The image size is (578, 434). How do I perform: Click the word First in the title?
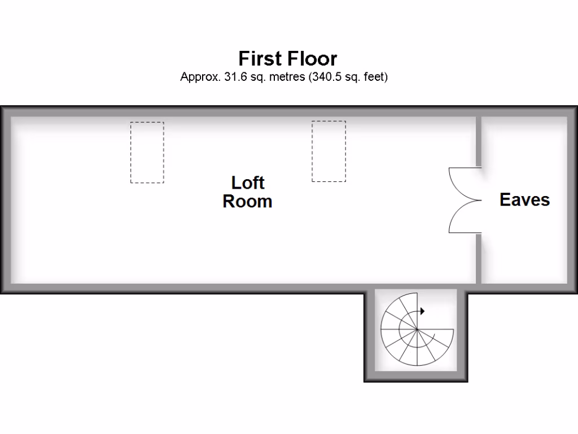pos(261,58)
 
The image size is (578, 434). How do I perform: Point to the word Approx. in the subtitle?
pos(200,77)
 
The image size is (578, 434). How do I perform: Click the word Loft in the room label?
pos(248,183)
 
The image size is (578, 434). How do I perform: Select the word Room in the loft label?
pos(247,201)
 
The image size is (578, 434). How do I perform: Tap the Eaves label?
pos(524,199)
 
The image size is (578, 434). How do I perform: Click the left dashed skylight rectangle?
pos(147,153)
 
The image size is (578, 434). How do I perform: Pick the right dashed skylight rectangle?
pos(329,151)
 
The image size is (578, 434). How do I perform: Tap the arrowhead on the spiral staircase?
pos(422,311)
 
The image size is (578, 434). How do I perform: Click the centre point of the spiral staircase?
pos(417,329)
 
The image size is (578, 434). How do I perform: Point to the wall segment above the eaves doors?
pos(479,141)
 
